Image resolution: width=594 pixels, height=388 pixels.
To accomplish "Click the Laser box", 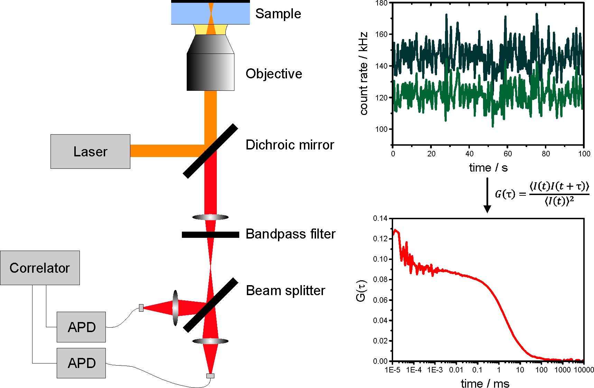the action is click(90, 152).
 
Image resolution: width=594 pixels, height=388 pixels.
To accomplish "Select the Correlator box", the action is click(40, 268).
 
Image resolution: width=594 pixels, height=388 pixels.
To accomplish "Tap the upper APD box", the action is click(81, 327).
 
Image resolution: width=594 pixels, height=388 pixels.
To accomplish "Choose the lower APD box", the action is click(81, 363).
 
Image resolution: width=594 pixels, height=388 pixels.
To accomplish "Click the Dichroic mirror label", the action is click(290, 145).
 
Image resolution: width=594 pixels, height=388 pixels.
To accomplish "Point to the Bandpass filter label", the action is click(290, 234).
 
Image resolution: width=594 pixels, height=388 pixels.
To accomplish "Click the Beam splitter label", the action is click(286, 291).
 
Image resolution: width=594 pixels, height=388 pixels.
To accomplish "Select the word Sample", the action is click(278, 14).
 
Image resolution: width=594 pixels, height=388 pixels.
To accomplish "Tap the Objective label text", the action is click(274, 74).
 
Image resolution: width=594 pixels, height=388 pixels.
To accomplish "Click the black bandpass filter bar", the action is click(211, 235).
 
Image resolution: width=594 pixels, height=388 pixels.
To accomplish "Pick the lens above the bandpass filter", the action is click(211, 217).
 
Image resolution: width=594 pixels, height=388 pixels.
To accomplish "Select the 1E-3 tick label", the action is click(435, 370).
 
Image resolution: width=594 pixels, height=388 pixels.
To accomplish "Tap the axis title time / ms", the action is click(485, 383).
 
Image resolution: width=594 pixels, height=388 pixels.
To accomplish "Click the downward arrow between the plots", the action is click(487, 195).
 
